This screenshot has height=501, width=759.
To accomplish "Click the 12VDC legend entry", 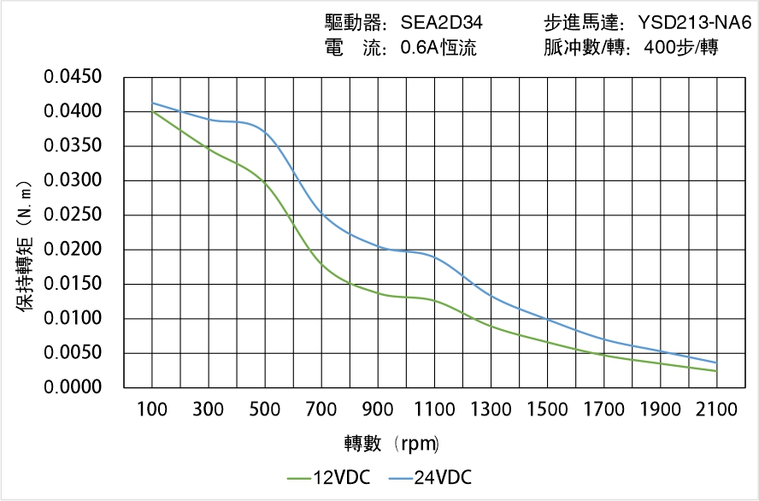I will tap(330, 478).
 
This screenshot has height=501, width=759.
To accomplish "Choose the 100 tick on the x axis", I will tap(152, 410).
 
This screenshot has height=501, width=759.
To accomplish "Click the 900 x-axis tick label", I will tap(378, 410).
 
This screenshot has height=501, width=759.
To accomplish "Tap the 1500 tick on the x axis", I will tap(547, 410).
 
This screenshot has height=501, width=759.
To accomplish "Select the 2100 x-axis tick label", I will tap(716, 410).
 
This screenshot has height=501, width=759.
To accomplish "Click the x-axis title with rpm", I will tap(391, 444).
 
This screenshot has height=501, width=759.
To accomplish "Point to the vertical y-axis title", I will tap(26, 245).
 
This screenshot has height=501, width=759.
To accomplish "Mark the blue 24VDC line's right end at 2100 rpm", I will tap(716, 362).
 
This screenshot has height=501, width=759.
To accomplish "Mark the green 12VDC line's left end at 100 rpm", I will tap(152, 111).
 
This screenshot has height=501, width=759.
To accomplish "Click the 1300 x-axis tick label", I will tap(491, 410).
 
